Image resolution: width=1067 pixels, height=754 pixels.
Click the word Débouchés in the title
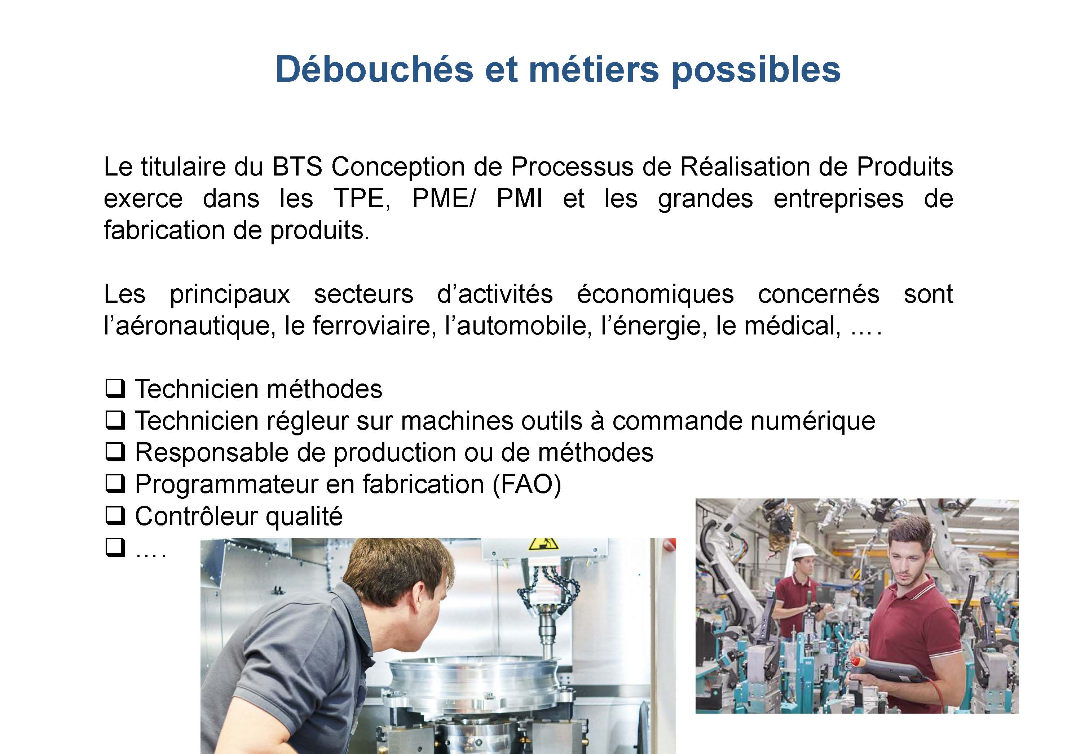coord(374,69)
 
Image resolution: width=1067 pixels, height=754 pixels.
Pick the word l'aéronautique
coord(187,326)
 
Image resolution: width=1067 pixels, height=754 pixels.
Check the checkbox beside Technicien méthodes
coord(115,389)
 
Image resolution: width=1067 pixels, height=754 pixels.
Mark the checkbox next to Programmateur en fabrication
coord(115,484)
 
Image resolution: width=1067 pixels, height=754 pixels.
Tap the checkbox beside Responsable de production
coord(115,452)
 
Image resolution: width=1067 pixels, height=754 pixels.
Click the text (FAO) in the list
coord(527,484)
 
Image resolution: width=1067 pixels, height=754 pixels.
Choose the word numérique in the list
coord(813,421)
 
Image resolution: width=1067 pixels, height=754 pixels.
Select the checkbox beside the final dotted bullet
coord(115,547)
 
